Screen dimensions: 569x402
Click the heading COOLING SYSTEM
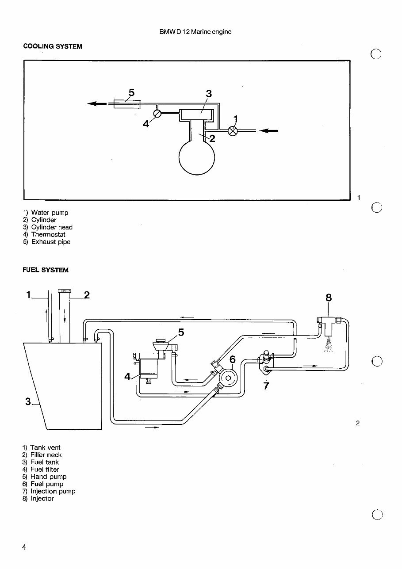coord(52,46)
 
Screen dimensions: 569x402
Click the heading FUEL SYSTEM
coord(46,270)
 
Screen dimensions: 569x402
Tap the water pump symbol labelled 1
coord(233,130)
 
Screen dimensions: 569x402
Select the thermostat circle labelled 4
coord(157,113)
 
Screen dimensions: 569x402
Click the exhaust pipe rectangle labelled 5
coord(127,104)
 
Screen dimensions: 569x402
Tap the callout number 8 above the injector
coord(328,298)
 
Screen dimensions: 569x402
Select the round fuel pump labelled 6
coord(228,377)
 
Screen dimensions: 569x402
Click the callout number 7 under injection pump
coord(266,386)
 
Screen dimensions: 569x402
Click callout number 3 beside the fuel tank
coord(28,401)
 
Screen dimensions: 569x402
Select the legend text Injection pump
coord(53,491)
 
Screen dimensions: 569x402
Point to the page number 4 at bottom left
coord(24,547)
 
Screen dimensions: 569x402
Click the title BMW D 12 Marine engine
coord(195,32)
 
